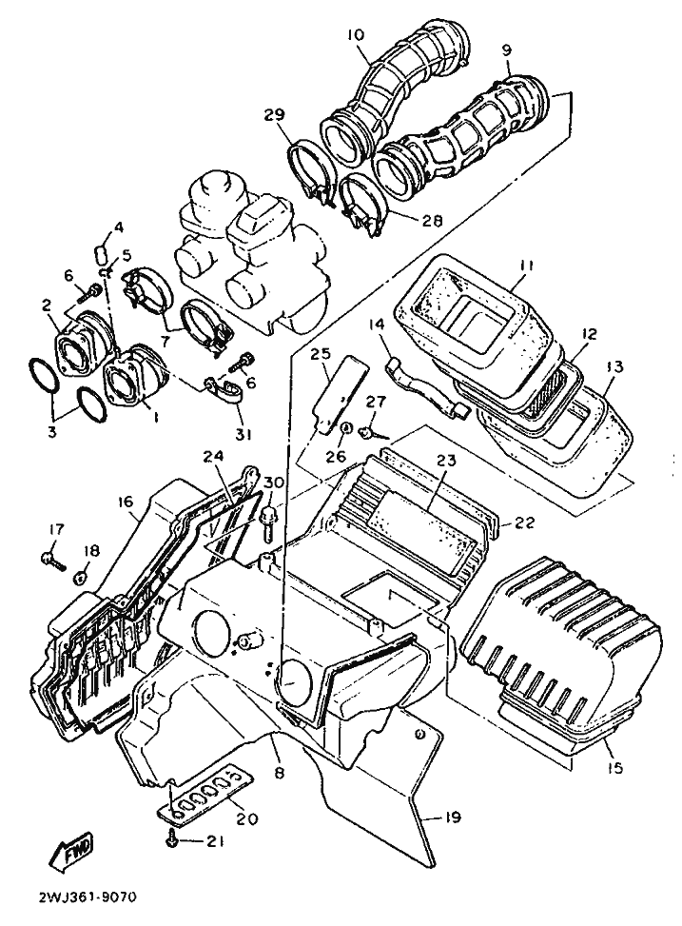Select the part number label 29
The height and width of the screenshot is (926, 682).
click(274, 115)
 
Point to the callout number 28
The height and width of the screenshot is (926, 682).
click(433, 220)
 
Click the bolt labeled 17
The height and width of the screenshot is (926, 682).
click(50, 559)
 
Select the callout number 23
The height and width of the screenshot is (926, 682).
click(447, 461)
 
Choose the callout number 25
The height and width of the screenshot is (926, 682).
click(320, 355)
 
